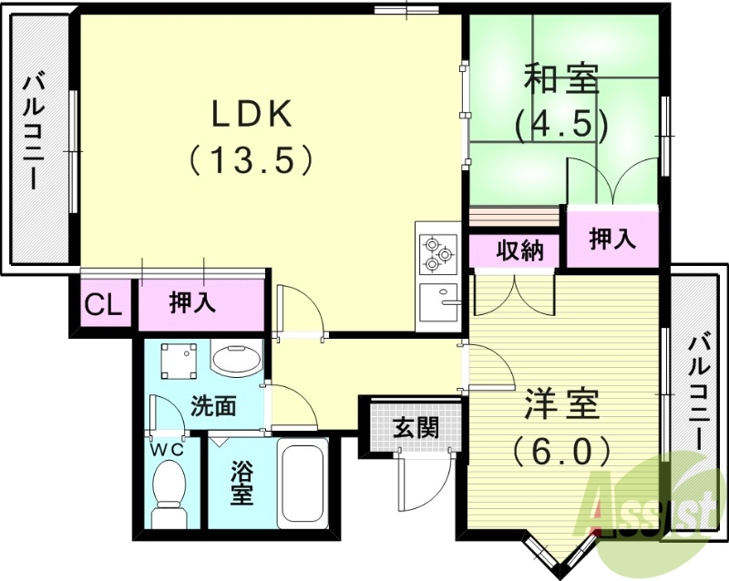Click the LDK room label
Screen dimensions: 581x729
pos(252,115)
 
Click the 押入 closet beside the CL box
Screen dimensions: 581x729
pos(192,304)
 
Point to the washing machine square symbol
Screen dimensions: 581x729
pos(178,362)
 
